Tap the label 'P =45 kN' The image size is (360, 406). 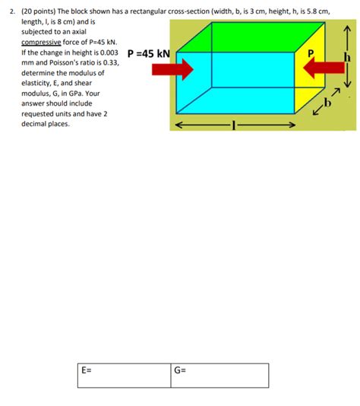click(148, 55)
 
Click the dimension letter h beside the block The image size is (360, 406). click(347, 59)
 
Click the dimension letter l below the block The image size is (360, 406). click(236, 126)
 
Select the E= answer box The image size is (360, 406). click(125, 374)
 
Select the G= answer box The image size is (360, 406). click(220, 374)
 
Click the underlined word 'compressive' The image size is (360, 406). click(43, 43)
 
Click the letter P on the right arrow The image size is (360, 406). click(308, 54)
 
